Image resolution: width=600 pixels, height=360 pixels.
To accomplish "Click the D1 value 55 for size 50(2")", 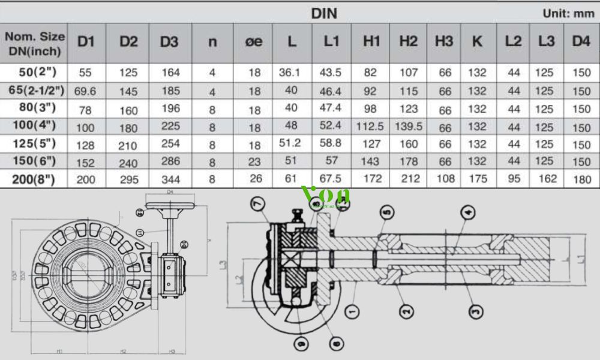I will pyautogui.click(x=85, y=73).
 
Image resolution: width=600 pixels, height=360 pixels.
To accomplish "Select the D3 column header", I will pyautogui.click(x=169, y=41).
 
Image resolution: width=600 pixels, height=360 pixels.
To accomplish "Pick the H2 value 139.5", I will pyautogui.click(x=408, y=127).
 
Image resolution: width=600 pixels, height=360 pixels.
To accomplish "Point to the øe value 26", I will pyautogui.click(x=254, y=179).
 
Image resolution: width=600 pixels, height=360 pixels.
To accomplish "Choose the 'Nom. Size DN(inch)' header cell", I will pyautogui.click(x=35, y=43).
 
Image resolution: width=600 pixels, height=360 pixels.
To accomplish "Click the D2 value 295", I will pyautogui.click(x=128, y=179).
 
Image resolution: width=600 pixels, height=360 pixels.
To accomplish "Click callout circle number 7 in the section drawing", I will pyautogui.click(x=257, y=205).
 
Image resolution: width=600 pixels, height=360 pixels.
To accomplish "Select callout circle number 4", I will pyautogui.click(x=468, y=211).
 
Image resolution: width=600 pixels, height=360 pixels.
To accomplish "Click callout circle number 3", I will pyautogui.click(x=475, y=311).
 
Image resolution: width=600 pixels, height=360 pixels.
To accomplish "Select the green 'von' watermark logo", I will pyautogui.click(x=326, y=196).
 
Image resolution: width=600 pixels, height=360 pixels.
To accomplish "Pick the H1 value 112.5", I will pyautogui.click(x=371, y=127).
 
